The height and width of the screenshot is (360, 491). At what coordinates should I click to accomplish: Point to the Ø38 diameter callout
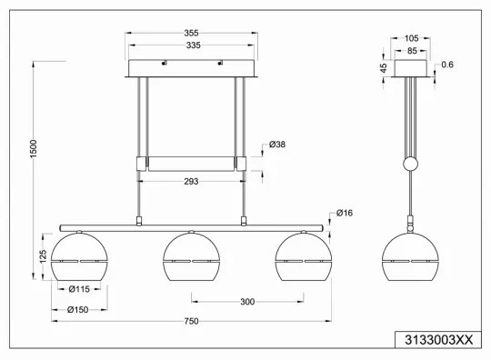click(x=279, y=145)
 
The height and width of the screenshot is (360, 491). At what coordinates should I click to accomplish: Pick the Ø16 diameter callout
click(x=344, y=213)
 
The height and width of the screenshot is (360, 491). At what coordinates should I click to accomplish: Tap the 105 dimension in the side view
click(x=410, y=39)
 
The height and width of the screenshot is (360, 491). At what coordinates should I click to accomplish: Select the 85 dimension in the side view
click(x=410, y=51)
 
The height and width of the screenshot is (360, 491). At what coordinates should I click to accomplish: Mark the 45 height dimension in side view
click(x=384, y=67)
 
